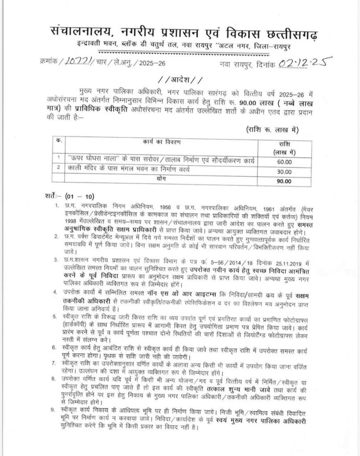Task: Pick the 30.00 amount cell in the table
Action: click(283, 171)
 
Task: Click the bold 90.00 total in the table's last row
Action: click(283, 181)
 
